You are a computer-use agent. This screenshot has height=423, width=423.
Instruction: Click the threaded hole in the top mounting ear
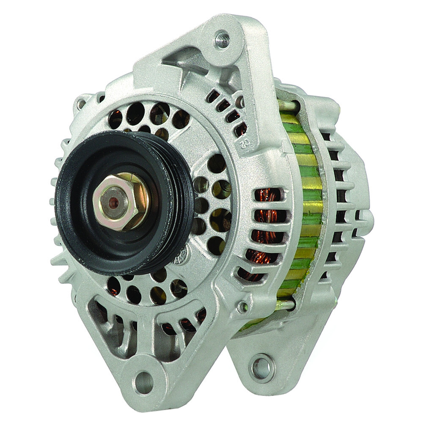tap(222, 40)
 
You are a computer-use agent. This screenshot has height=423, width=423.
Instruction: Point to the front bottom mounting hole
tap(144, 382)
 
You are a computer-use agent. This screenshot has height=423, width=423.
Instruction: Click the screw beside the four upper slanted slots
tap(240, 102)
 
